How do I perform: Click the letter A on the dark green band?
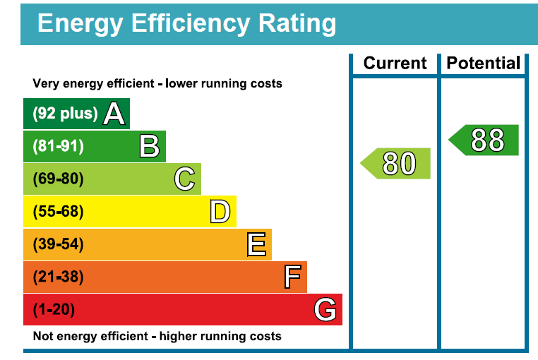coord(114,114)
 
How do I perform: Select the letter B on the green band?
coord(149,146)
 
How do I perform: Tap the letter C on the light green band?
coord(184,179)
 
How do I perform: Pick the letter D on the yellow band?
coord(220,211)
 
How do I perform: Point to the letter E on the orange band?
coord(256,244)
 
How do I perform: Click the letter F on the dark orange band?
coord(292,277)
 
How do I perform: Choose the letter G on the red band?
coord(325,309)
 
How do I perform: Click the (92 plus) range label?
coord(65,114)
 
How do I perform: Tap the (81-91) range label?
coord(58,146)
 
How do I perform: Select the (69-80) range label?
coord(58,179)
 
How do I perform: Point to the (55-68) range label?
coord(58,211)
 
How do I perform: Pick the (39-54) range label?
coord(58,244)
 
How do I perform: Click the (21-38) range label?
coord(58,277)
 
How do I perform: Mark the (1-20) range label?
coord(54,309)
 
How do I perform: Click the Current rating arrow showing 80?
coord(397,163)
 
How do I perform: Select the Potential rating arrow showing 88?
coord(486,140)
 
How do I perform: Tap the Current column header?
coord(395,64)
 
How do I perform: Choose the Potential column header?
coord(484,64)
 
